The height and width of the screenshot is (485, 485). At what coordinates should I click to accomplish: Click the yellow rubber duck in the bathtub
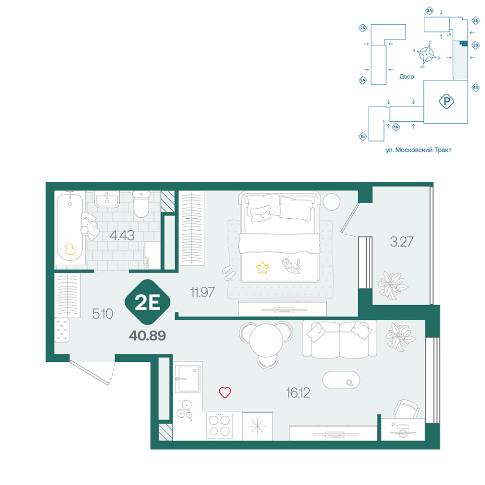(70, 249)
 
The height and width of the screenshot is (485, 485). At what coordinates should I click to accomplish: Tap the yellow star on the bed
(262, 268)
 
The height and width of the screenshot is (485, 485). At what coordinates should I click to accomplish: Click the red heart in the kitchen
(225, 392)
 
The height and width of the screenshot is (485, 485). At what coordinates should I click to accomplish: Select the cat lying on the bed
(291, 266)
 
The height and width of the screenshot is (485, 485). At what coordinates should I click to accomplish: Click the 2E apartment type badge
(148, 302)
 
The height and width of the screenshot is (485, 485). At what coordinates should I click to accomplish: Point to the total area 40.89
(148, 335)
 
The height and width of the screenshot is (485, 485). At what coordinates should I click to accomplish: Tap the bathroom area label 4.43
(122, 236)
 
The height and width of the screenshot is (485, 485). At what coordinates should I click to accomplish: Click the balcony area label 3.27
(402, 242)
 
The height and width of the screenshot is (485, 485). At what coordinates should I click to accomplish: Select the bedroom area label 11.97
(202, 292)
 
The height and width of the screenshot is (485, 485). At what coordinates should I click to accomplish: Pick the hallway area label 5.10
(103, 314)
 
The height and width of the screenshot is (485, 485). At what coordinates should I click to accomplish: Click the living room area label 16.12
(298, 393)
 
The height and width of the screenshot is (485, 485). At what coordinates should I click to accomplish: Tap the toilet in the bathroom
(141, 204)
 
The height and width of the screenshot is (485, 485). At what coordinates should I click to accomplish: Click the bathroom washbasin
(107, 199)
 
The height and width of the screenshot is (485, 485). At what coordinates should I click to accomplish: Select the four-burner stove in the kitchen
(220, 425)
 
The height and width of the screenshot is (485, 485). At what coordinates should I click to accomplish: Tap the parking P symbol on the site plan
(446, 101)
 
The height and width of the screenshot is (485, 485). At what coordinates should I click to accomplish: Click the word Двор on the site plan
(406, 77)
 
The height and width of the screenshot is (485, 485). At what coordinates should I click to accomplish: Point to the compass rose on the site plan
(426, 55)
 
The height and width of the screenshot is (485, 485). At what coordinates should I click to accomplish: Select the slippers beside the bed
(229, 272)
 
